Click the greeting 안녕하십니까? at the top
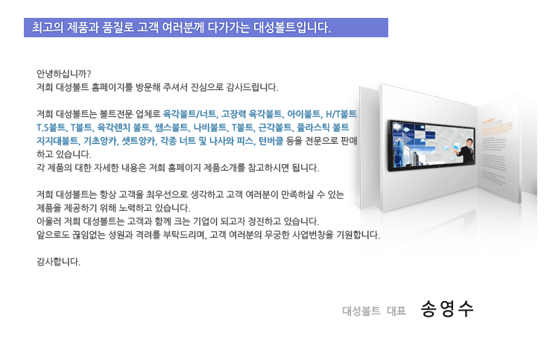pyautogui.click(x=64, y=74)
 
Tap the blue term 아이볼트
pyautogui.click(x=303, y=114)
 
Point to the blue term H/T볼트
pyautogui.click(x=341, y=114)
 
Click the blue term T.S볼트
pyautogui.click(x=51, y=127)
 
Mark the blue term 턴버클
pyautogui.click(x=271, y=141)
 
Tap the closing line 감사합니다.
pyautogui.click(x=59, y=262)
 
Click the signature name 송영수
pyautogui.click(x=447, y=309)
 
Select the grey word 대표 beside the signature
pyautogui.click(x=396, y=311)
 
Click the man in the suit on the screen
pyautogui.click(x=466, y=151)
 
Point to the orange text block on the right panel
pyautogui.click(x=497, y=127)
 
